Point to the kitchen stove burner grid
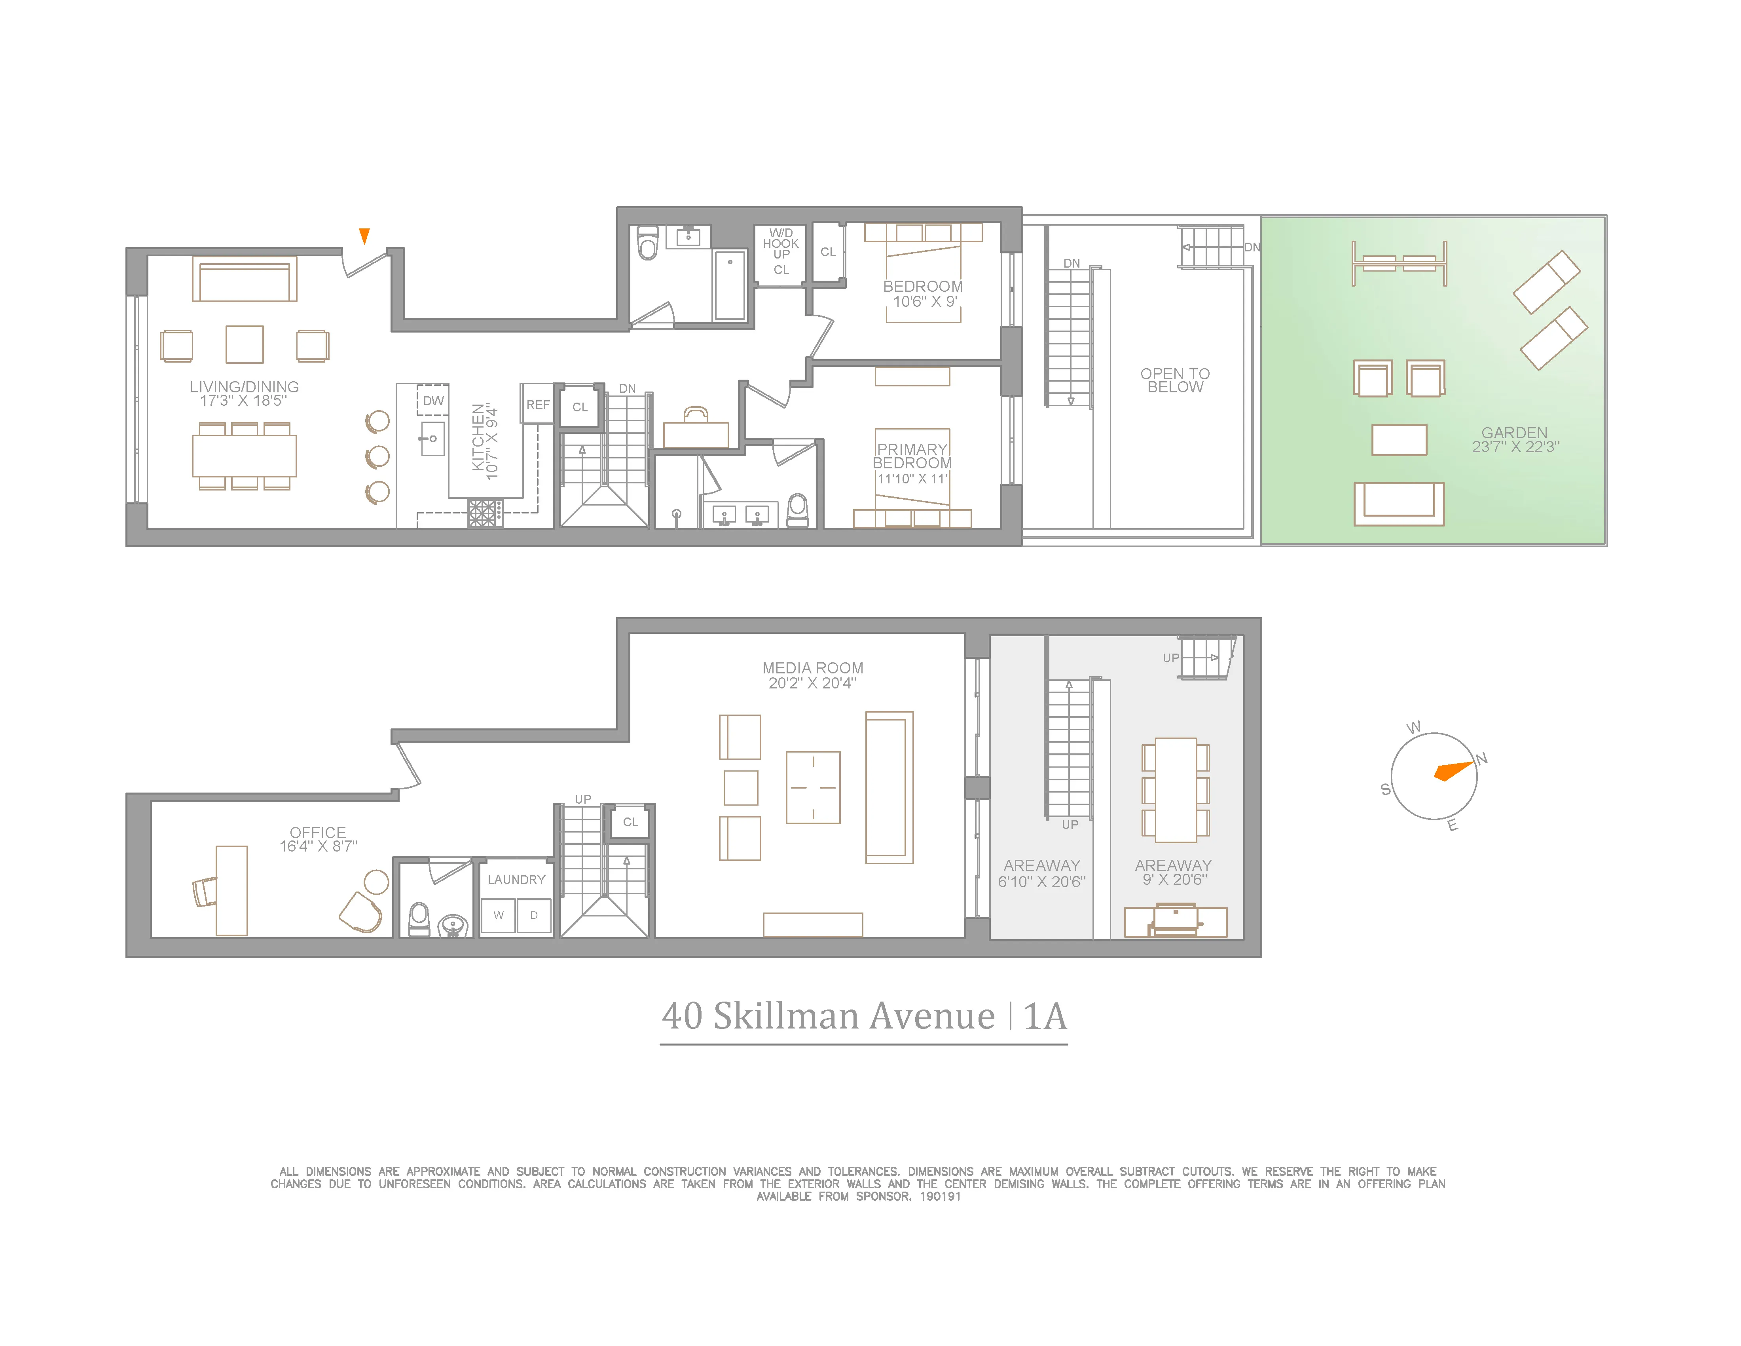pos(485,513)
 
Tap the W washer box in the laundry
pos(498,915)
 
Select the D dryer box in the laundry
pos(534,915)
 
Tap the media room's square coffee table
pos(813,787)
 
